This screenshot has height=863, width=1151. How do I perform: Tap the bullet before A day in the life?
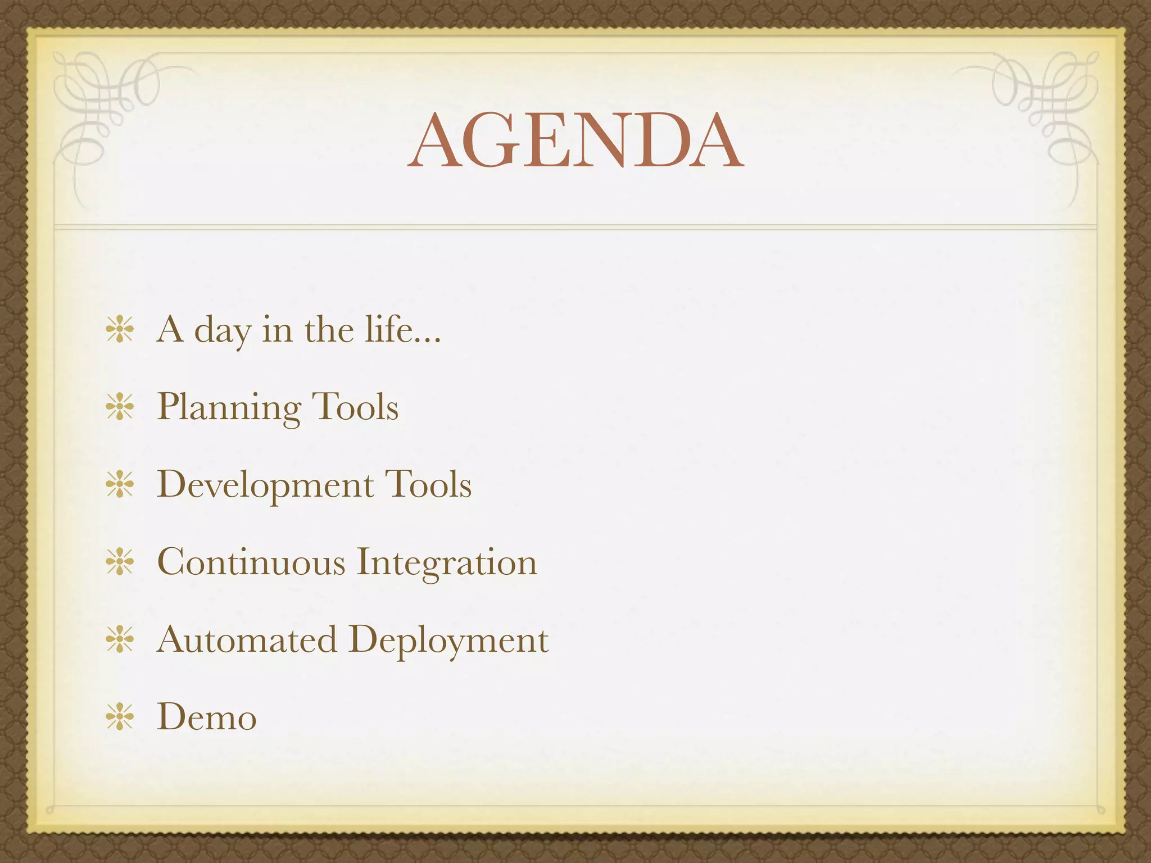click(x=120, y=330)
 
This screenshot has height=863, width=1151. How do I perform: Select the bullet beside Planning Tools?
click(x=120, y=407)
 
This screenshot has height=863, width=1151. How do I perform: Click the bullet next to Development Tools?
click(x=120, y=485)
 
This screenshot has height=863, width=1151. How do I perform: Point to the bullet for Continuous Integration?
click(x=120, y=562)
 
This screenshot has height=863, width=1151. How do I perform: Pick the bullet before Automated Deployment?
click(x=120, y=640)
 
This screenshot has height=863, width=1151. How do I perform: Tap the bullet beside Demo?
click(x=120, y=717)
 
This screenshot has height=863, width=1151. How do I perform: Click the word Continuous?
click(x=251, y=562)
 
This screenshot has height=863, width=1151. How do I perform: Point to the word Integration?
click(x=447, y=562)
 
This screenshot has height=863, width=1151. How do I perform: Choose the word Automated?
click(x=247, y=640)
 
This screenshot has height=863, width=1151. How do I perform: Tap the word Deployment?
click(x=448, y=640)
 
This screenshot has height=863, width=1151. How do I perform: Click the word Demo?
click(x=207, y=717)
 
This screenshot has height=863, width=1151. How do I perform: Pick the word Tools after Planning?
click(x=355, y=407)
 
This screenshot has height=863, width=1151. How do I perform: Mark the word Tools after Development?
click(x=428, y=485)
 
